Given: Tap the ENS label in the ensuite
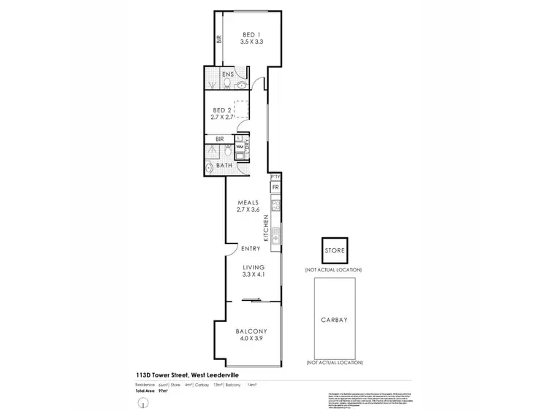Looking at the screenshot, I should pyautogui.click(x=217, y=74).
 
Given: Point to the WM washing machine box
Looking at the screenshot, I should pyautogui.click(x=240, y=147).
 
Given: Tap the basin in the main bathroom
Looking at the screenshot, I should pyautogui.click(x=210, y=168).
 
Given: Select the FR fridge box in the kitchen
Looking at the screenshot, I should pyautogui.click(x=275, y=188).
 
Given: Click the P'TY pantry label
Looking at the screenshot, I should pyautogui.click(x=275, y=177).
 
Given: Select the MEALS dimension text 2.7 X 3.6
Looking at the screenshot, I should pyautogui.click(x=248, y=210).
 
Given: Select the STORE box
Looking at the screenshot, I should pyautogui.click(x=335, y=251).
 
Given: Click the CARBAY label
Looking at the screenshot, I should pyautogui.click(x=335, y=319).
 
